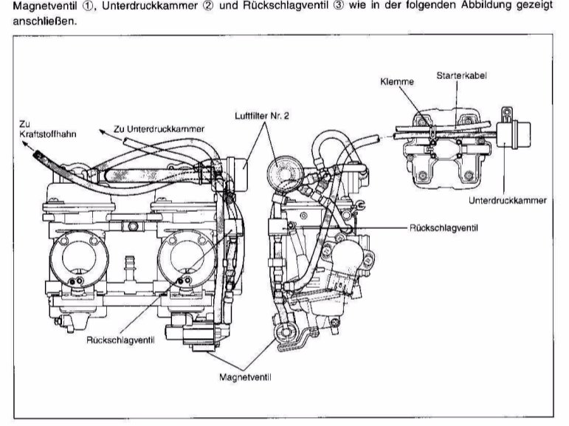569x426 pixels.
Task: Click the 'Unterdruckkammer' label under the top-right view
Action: [x=508, y=200]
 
